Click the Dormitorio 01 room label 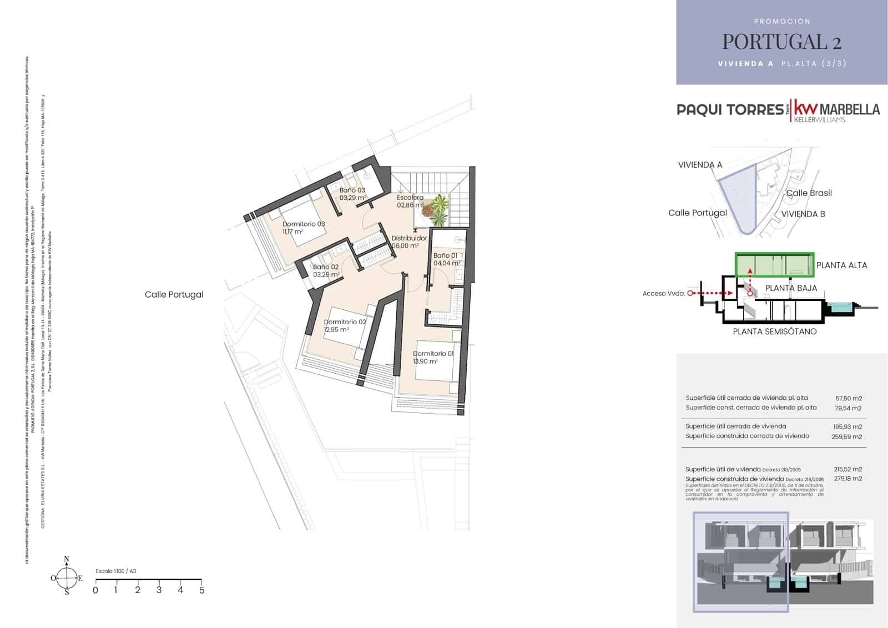pos(433,357)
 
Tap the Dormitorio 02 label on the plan pos(345,325)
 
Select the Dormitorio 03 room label pos(303,228)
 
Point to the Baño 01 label pos(446,259)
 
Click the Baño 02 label pos(326,270)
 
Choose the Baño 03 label pos(352,194)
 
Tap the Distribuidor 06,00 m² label pos(409,242)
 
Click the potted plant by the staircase pos(436,208)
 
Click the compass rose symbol pos(67,577)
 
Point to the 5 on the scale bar pos(201,590)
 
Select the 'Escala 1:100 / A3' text pos(115,571)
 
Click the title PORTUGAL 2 pos(781,42)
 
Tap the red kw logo pos(803,108)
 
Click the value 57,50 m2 pos(849,398)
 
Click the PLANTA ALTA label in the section pos(841,265)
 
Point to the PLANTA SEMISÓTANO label pos(774,331)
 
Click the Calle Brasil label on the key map pos(809,193)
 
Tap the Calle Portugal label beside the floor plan pos(174,295)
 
